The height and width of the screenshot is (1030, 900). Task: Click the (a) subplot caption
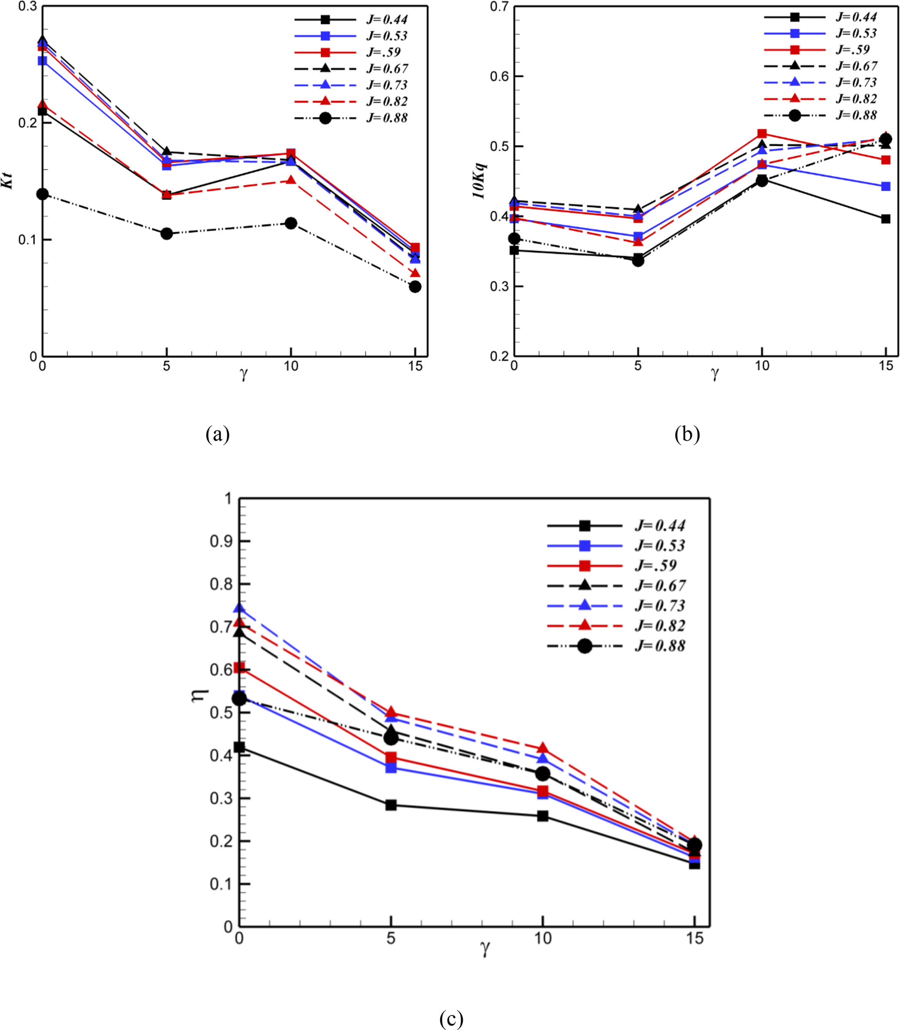pos(217,434)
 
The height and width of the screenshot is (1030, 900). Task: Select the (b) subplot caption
pos(687,434)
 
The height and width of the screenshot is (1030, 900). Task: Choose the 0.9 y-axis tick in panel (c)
pos(221,542)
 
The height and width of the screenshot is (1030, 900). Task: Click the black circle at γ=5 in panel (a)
pos(167,233)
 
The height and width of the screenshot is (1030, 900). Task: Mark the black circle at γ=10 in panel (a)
pos(291,223)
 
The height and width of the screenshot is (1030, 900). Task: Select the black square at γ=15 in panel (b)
pos(886,219)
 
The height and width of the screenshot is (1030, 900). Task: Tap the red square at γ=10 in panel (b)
pos(762,134)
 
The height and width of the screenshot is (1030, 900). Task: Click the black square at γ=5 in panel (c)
pos(391,805)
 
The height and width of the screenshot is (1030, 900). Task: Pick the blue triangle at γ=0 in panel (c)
pos(239,609)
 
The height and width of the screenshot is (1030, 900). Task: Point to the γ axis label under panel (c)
pos(485,949)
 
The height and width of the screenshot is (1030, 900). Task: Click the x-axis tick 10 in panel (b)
pos(762,366)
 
